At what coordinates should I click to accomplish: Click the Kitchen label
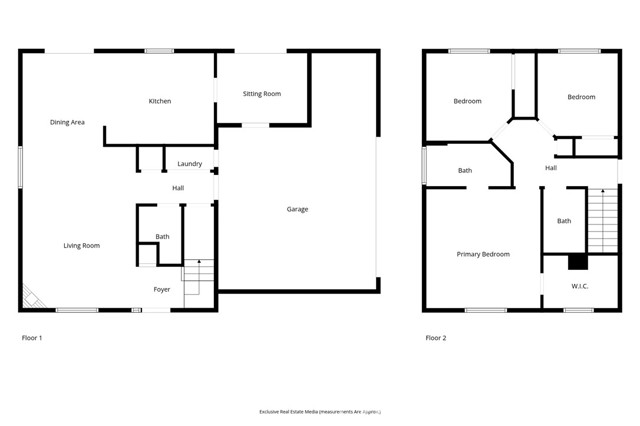(x=160, y=101)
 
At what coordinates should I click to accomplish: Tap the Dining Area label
(x=67, y=122)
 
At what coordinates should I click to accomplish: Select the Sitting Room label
(x=262, y=94)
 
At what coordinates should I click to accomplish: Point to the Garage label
(x=297, y=209)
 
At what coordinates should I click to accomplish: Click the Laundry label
(x=189, y=163)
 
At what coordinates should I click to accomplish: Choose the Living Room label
(x=82, y=245)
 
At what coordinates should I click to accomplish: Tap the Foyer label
(x=161, y=289)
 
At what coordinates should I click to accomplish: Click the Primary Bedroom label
(x=483, y=254)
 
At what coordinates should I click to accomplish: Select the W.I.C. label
(x=579, y=287)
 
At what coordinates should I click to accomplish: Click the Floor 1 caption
(x=32, y=338)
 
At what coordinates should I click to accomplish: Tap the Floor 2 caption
(x=436, y=338)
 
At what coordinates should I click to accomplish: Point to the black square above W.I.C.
(x=576, y=262)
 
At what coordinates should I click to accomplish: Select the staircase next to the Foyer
(x=198, y=278)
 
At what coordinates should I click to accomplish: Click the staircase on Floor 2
(x=603, y=220)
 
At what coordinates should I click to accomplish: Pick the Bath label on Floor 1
(x=162, y=236)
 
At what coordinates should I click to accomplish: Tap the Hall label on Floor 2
(x=551, y=167)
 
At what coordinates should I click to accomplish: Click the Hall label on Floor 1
(x=178, y=187)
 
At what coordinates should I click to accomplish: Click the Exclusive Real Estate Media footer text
(x=320, y=411)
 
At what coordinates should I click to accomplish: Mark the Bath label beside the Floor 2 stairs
(x=564, y=220)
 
